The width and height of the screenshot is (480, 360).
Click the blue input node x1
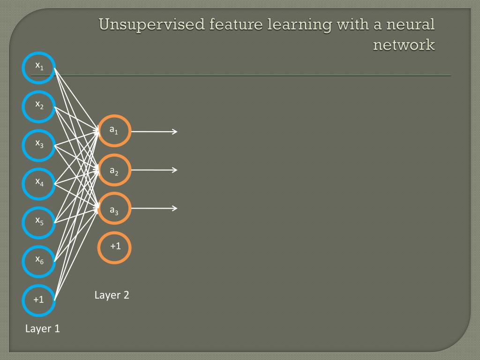[x=39, y=68]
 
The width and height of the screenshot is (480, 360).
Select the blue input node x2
[x=39, y=106]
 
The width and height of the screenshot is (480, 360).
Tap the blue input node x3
[x=39, y=145]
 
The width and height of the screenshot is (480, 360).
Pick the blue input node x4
[x=39, y=184]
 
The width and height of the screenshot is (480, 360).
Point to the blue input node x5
[x=39, y=223]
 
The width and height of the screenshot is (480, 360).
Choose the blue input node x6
[x=39, y=261]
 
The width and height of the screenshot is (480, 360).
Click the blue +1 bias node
[x=39, y=300]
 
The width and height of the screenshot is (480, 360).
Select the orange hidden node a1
[x=114, y=131]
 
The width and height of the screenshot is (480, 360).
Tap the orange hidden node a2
[x=114, y=170]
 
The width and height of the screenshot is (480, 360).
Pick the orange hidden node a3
[x=114, y=209]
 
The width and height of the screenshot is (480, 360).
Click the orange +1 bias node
[x=114, y=247]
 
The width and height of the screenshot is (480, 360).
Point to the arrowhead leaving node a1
[x=175, y=132]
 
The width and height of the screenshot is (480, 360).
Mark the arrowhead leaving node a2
[x=175, y=170]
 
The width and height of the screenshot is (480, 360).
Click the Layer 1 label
[x=43, y=329]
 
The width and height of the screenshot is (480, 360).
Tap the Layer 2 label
[x=112, y=295]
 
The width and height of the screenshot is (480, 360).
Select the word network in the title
[x=404, y=45]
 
